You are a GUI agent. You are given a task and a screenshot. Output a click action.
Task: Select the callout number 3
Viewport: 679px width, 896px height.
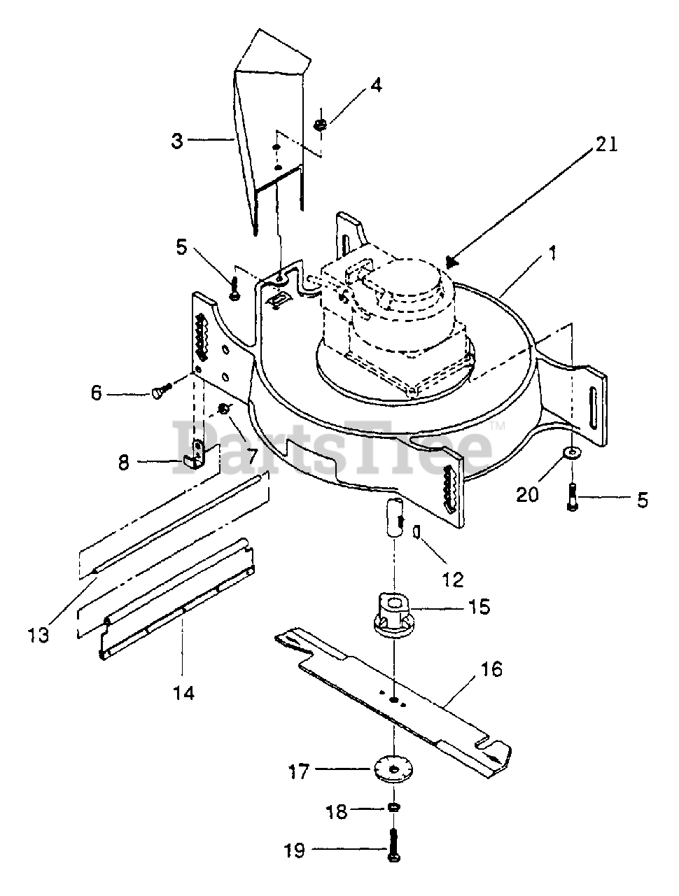pyautogui.click(x=177, y=141)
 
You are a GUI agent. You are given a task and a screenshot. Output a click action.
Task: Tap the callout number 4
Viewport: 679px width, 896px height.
pyautogui.click(x=375, y=85)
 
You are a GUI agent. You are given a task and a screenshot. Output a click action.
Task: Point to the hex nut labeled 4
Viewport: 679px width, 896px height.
pyautogui.click(x=321, y=125)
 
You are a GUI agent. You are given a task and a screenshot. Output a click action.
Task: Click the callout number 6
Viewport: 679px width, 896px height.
pyautogui.click(x=97, y=393)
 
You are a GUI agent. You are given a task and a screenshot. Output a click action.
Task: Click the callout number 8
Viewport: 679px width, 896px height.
pyautogui.click(x=124, y=463)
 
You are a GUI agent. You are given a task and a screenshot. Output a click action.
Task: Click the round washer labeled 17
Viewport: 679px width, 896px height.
pyautogui.click(x=393, y=770)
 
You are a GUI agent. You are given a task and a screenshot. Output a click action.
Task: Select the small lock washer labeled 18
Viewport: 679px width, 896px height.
pyautogui.click(x=393, y=806)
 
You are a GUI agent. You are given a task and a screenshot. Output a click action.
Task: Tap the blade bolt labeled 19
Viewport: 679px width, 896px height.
pyautogui.click(x=393, y=846)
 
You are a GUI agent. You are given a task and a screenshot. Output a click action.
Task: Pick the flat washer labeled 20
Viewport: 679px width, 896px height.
pyautogui.click(x=572, y=452)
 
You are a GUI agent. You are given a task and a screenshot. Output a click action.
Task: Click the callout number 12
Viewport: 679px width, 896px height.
pyautogui.click(x=452, y=580)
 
